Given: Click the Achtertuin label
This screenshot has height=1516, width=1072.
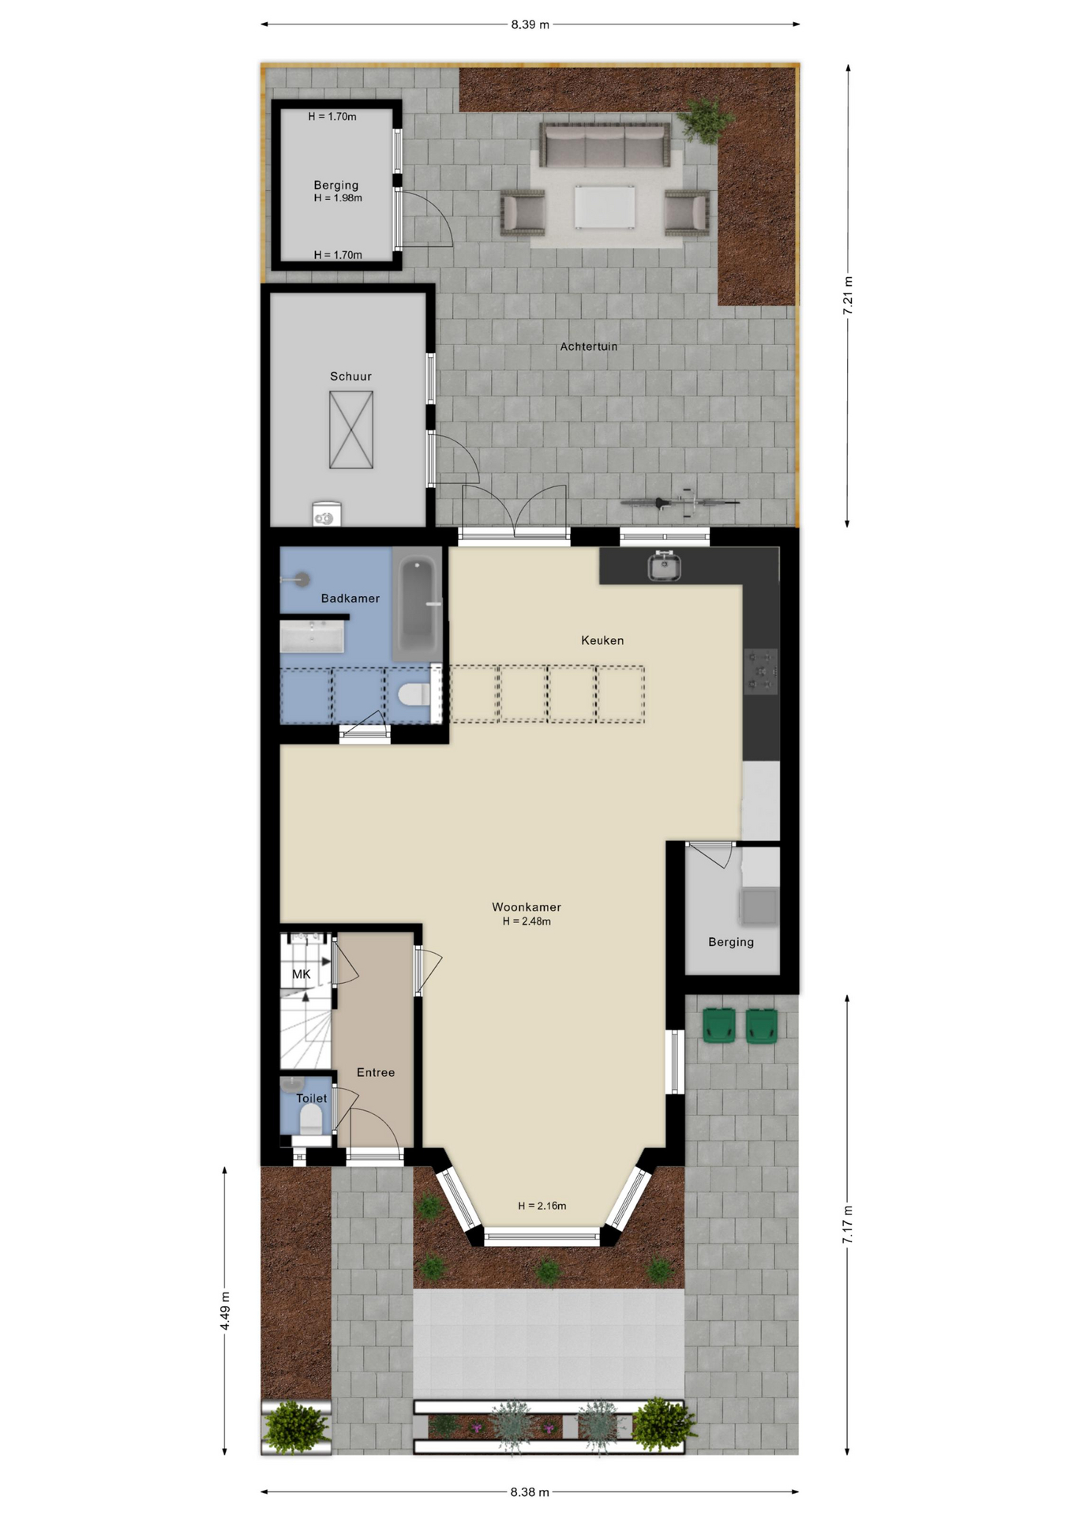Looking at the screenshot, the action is [589, 347].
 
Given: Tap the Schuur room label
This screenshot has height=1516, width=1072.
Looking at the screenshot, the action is [350, 377].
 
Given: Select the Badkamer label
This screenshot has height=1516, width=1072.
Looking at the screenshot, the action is [350, 599].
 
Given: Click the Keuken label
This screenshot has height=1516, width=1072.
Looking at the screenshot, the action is [602, 640].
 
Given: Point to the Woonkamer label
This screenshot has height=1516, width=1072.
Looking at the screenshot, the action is [527, 907].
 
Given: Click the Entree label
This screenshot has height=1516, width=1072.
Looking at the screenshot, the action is [376, 1072].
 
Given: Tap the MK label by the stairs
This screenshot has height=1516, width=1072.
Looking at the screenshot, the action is [302, 974].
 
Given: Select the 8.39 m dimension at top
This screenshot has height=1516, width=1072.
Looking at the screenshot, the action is [530, 24].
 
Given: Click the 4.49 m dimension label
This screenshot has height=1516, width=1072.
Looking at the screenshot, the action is [225, 1311].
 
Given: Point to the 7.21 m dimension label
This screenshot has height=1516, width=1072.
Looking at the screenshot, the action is [848, 296].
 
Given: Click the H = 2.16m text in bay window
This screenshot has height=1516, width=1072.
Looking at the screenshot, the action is [542, 1206].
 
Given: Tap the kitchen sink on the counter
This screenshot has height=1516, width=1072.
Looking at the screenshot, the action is [665, 565].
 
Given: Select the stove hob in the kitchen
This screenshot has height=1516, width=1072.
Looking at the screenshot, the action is [761, 671].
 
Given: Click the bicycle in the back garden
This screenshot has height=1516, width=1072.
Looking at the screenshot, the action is [680, 501].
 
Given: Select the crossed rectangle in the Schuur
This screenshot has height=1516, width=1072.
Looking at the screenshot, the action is [351, 430].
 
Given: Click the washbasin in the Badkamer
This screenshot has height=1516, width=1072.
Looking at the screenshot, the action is [312, 636].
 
